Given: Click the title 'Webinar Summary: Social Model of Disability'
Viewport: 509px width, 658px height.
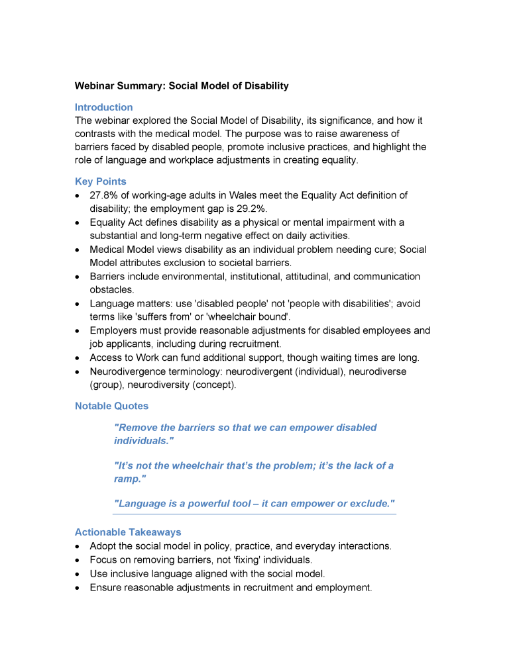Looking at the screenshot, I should tap(182, 86).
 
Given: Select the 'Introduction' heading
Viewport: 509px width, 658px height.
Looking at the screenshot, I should tap(103, 107).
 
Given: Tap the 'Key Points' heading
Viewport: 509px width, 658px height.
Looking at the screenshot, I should tap(100, 181).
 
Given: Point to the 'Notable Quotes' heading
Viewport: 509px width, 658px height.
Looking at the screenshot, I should tap(111, 406).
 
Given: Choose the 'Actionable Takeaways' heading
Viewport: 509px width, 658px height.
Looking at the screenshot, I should tap(128, 532).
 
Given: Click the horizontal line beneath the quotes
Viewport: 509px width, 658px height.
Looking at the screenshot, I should tap(254, 514).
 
